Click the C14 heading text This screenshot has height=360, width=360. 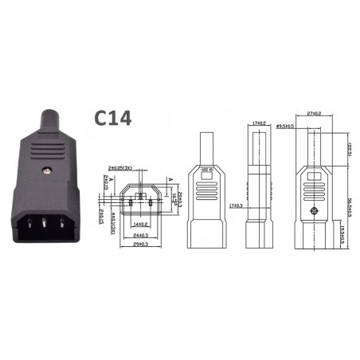[x=112, y=118]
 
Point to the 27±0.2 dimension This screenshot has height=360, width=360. [x=313, y=113]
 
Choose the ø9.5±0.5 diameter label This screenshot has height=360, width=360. [x=286, y=125]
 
